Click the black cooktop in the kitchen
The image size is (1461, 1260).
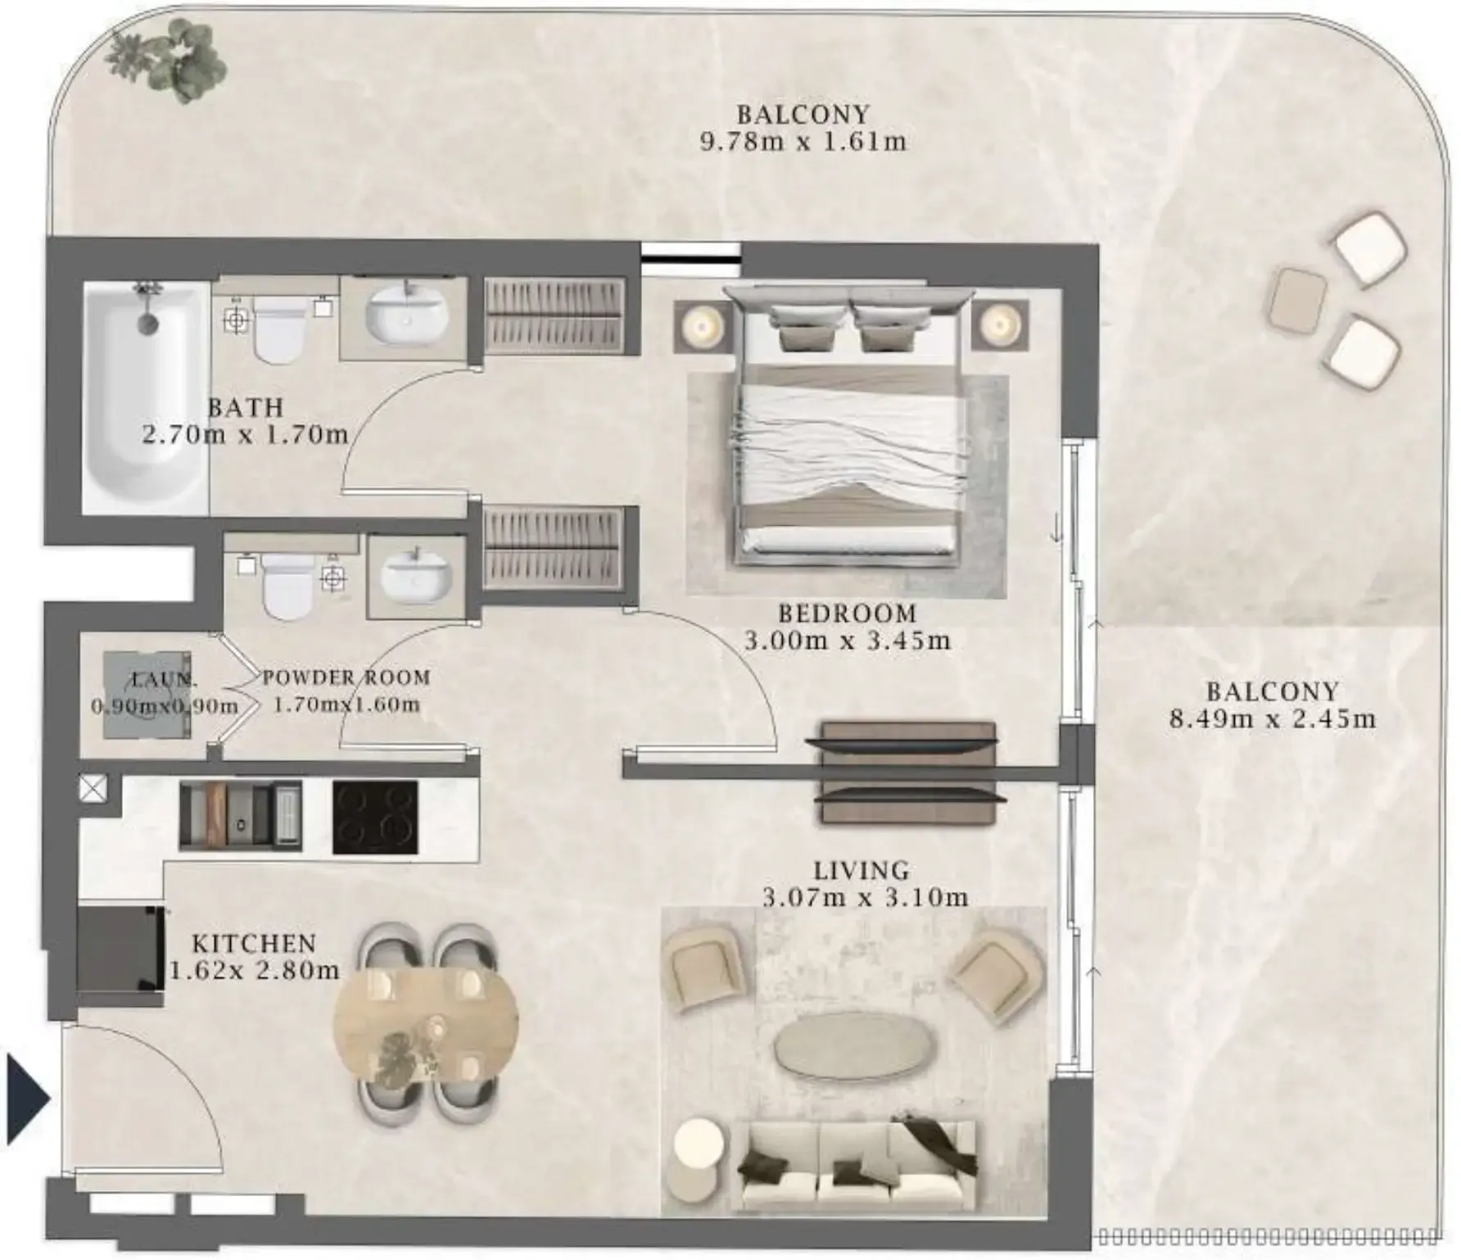[376, 817]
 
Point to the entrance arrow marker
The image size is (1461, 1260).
[27, 1099]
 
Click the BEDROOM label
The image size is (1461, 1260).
[847, 614]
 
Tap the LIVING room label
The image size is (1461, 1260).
[862, 870]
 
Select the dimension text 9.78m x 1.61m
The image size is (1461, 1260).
[803, 142]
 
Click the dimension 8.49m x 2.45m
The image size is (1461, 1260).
[1273, 719]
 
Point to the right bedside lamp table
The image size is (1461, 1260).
[1000, 327]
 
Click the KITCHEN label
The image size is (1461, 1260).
[254, 944]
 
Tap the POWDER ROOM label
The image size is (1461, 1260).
[346, 678]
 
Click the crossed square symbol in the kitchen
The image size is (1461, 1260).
[93, 789]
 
